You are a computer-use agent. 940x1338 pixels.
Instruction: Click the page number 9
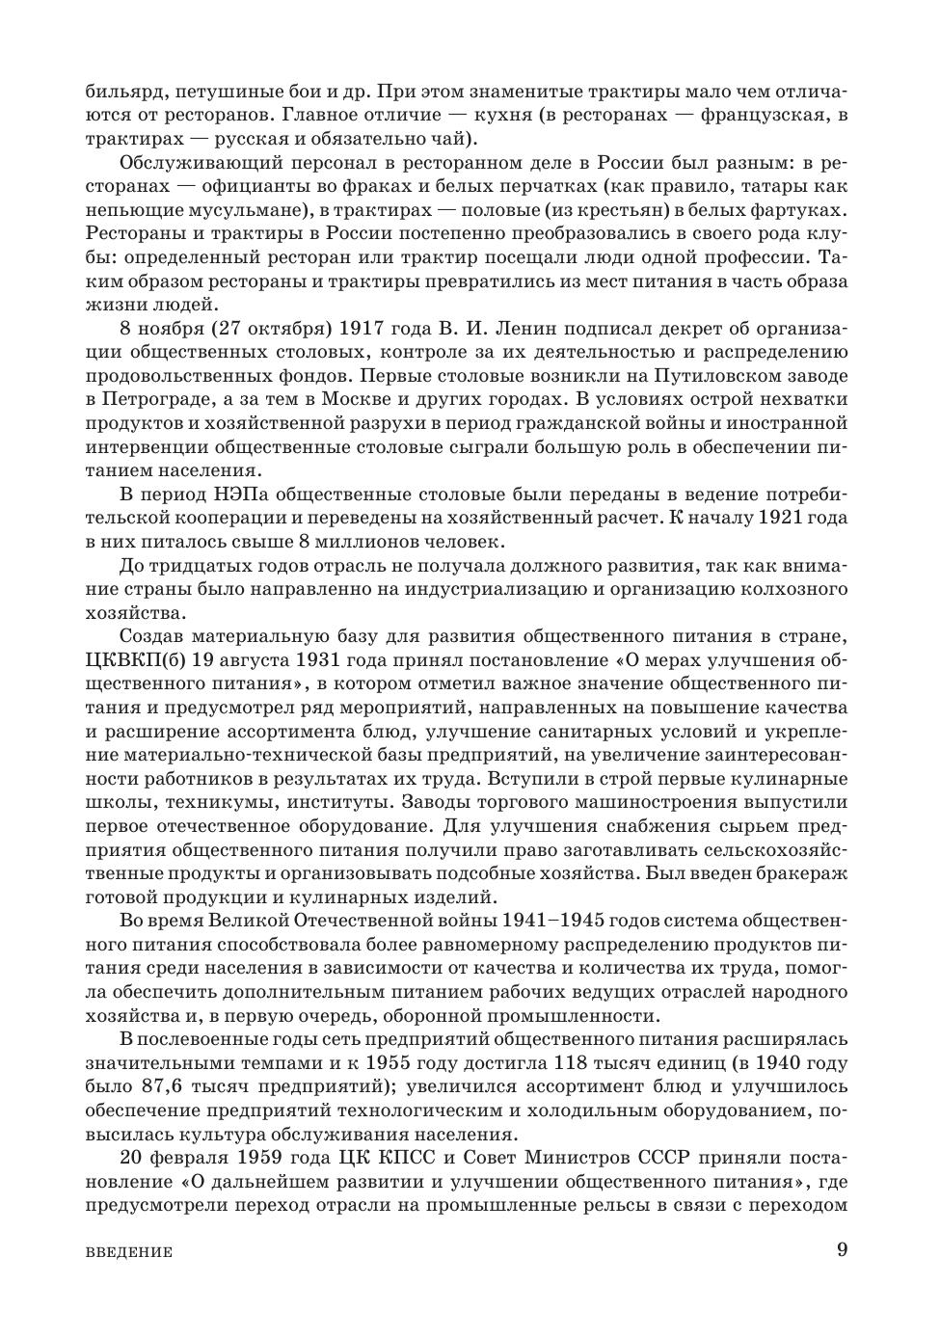(x=842, y=1250)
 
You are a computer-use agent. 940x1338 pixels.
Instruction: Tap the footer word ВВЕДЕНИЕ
(x=129, y=1253)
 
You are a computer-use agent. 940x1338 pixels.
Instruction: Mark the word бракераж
(x=796, y=872)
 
